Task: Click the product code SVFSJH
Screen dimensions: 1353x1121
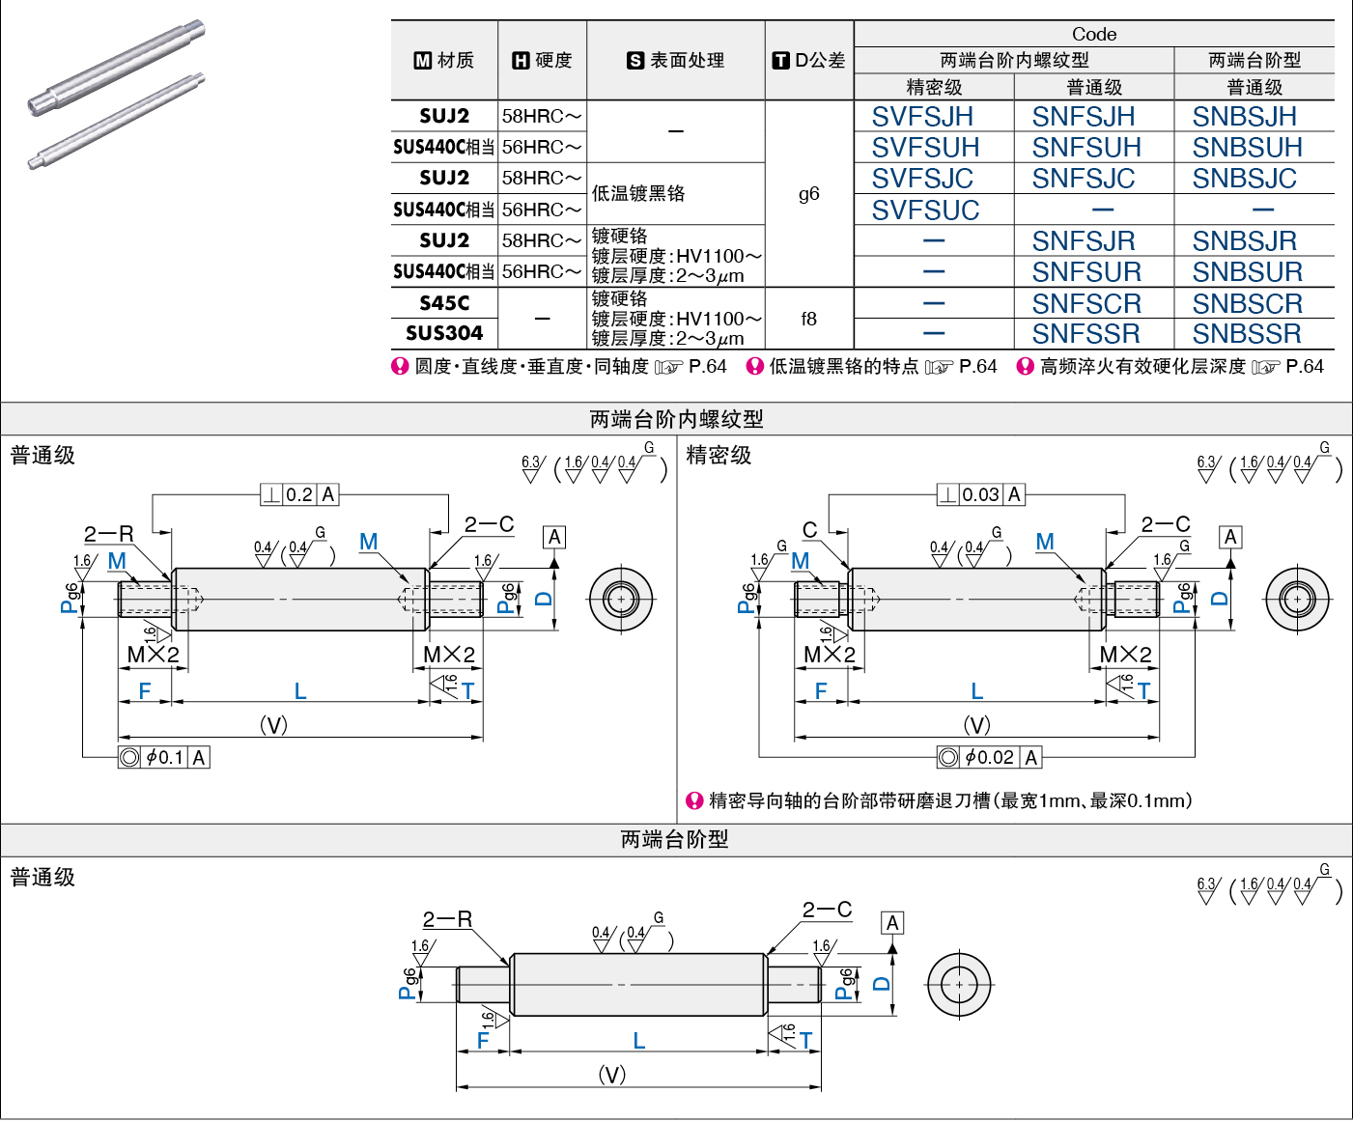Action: [922, 117]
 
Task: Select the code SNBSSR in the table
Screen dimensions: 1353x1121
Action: [1247, 334]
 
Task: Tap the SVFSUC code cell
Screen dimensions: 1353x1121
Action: [924, 210]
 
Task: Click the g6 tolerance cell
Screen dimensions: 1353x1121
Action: [808, 193]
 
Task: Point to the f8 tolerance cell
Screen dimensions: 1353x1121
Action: [808, 319]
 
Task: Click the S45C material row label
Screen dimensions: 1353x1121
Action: [444, 302]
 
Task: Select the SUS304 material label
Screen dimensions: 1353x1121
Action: [444, 333]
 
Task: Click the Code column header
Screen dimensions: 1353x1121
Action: [1094, 34]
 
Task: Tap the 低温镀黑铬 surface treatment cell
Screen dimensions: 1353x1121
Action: [637, 193]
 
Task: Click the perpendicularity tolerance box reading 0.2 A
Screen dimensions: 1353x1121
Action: [299, 494]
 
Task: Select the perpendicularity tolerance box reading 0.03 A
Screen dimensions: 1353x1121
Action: [980, 494]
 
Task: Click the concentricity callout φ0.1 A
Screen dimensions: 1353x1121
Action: [164, 757]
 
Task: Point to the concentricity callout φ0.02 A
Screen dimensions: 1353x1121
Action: [989, 757]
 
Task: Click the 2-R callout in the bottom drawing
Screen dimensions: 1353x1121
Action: [447, 919]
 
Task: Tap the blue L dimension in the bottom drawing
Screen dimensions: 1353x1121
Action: [639, 1041]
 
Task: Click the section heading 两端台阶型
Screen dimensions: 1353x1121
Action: [674, 840]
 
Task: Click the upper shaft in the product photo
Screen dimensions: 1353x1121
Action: [117, 68]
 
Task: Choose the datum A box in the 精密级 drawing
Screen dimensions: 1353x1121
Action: [1230, 537]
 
